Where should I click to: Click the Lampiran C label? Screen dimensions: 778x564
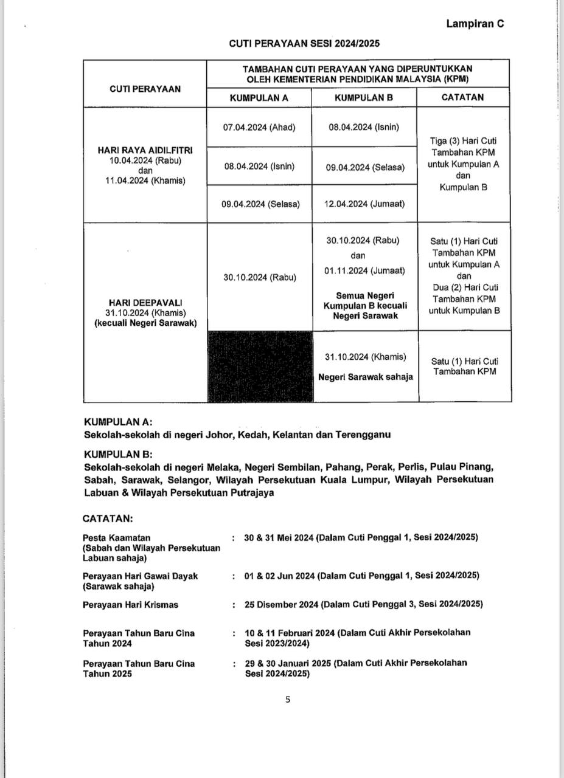pos(475,24)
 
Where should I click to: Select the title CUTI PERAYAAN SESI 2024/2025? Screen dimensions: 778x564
pos(305,44)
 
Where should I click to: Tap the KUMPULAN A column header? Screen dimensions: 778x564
pos(259,97)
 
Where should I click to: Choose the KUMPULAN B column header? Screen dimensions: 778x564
pos(364,97)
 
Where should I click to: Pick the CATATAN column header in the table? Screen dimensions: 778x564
pos(462,97)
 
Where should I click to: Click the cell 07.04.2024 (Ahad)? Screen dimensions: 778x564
pos(259,127)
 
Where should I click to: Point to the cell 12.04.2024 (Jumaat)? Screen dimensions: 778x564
pos(364,204)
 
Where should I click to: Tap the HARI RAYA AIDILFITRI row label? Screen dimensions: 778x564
pos(145,150)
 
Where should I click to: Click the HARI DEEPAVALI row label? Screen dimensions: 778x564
pos(145,302)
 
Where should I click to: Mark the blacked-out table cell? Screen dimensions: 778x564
pos(260,367)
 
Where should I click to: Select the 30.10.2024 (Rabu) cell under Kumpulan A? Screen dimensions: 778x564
pos(260,277)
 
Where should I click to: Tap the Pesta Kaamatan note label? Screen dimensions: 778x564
pos(117,538)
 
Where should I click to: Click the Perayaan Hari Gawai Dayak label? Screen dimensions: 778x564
pos(141,576)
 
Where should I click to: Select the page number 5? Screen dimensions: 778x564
pos(288,700)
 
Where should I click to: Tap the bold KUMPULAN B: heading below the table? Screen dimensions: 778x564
pos(118,454)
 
